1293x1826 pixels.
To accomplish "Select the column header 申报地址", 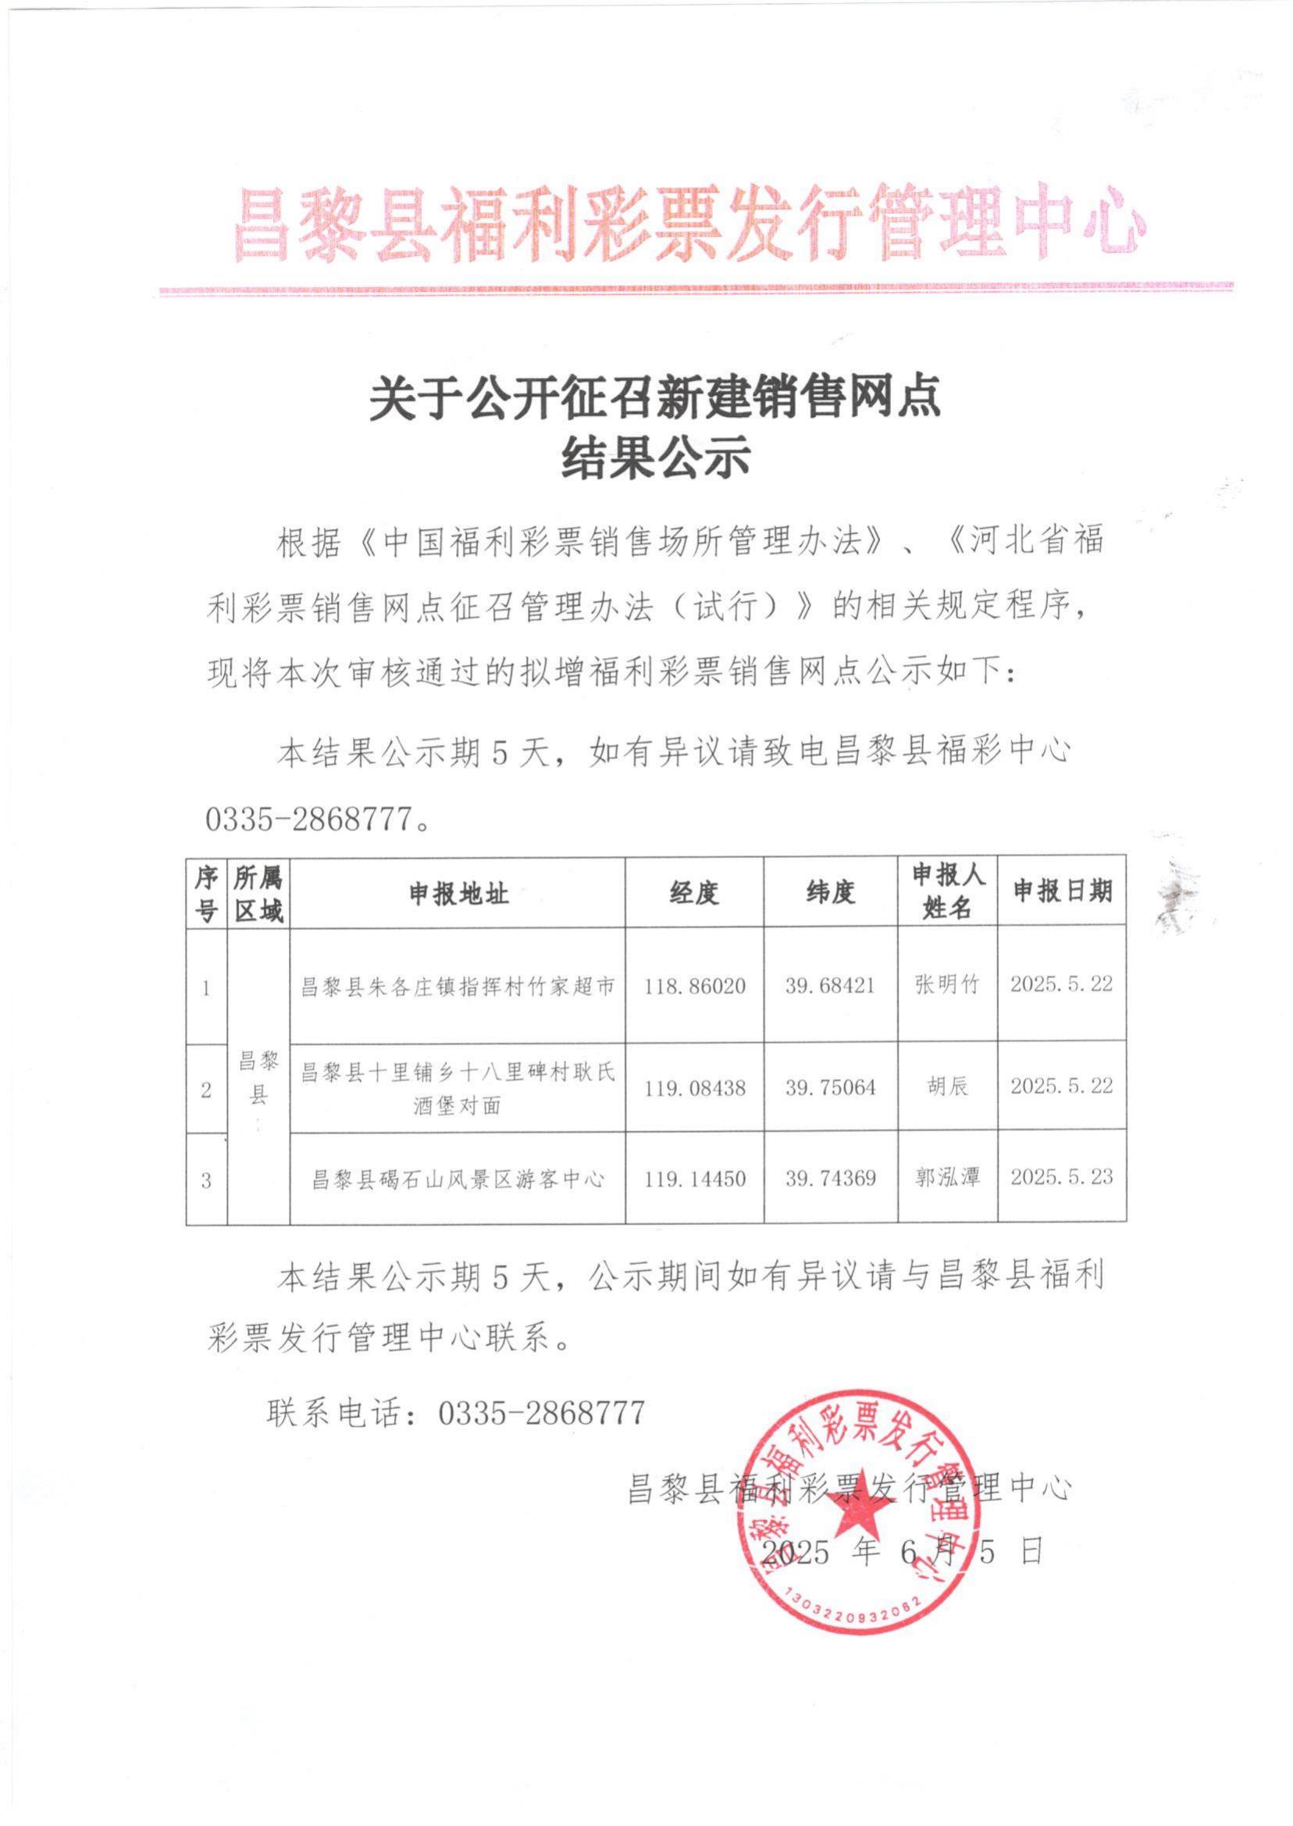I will click(458, 894).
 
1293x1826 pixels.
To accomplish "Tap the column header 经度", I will click(694, 894).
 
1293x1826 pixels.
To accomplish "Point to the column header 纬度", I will click(830, 894).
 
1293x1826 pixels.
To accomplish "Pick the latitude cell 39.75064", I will click(831, 1087).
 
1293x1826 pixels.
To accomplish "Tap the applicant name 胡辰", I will click(946, 1087).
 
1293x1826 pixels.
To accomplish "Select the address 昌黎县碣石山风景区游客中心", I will click(458, 1178).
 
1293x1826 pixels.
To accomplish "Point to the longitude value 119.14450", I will click(695, 1178).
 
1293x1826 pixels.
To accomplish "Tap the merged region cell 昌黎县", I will click(258, 1077).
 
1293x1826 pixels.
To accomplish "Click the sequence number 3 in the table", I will click(206, 1179).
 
